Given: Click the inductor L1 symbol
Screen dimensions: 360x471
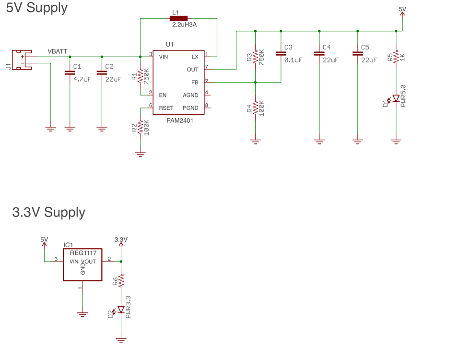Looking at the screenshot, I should (x=178, y=18).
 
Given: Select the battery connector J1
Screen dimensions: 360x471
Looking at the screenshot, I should (x=22, y=60).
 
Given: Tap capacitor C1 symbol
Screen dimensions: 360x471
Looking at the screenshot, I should (x=70, y=73).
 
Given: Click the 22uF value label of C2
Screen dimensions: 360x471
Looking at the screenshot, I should (x=113, y=79).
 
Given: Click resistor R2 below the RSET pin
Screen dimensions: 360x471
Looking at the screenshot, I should (x=140, y=128).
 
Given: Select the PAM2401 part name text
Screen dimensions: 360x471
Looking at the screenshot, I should (x=179, y=121).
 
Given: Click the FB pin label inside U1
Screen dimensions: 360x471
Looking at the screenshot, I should (x=194, y=83).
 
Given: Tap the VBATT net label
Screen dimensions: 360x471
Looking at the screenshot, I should (x=58, y=51).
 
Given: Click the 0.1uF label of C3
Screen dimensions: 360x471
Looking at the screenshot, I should (x=293, y=60).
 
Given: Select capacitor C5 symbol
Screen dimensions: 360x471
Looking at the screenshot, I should (x=357, y=53).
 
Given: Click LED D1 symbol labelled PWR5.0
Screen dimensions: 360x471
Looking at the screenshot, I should (x=396, y=99).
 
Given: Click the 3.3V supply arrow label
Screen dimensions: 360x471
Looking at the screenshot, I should (x=121, y=240).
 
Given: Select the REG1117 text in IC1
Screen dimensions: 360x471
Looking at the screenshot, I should (x=83, y=253).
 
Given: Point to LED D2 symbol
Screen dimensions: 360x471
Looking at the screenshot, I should (x=121, y=310).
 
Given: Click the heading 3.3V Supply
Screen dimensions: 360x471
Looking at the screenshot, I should (x=48, y=212).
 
